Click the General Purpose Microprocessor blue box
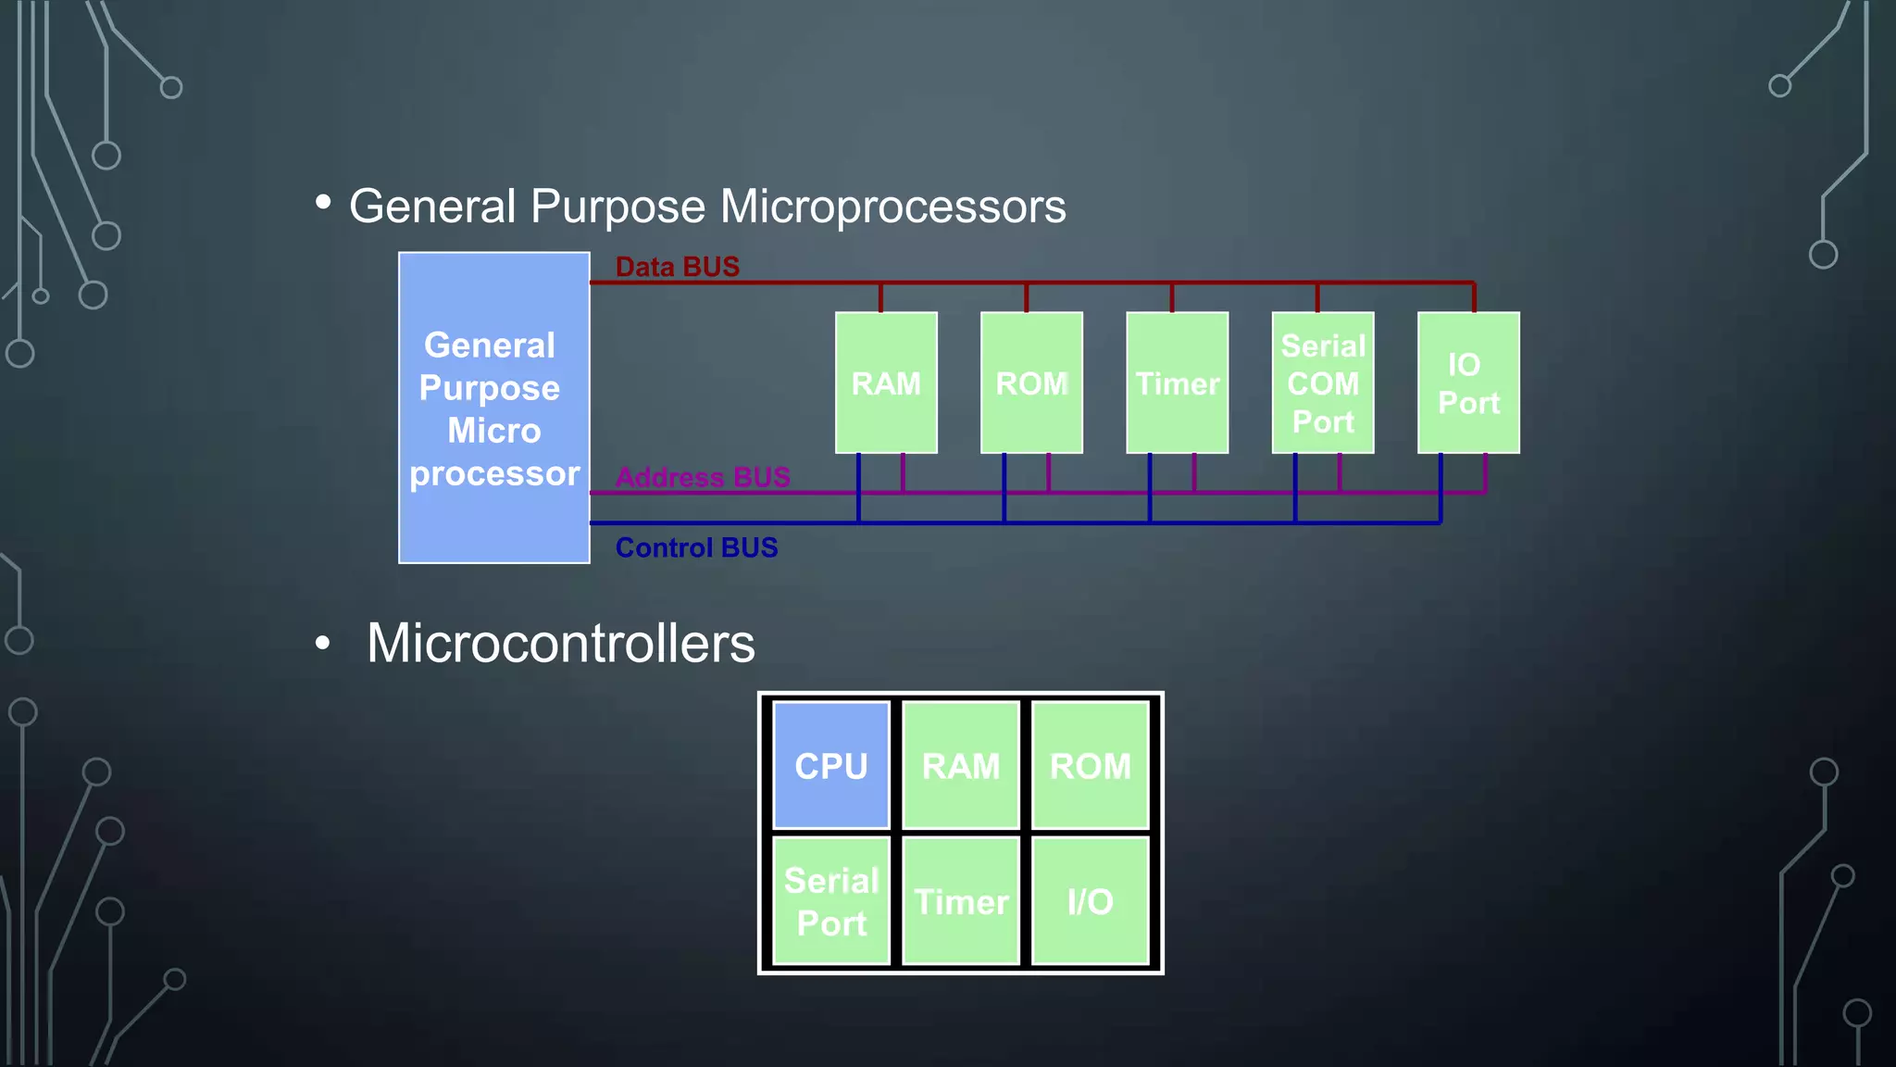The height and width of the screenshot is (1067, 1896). point(494,408)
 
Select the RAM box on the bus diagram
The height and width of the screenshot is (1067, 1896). point(886,383)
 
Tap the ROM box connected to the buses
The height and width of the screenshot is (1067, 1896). point(1031,383)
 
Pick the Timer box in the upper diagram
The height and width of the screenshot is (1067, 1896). point(1177,383)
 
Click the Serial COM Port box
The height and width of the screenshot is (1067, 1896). point(1323,383)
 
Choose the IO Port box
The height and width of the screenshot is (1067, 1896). point(1468,383)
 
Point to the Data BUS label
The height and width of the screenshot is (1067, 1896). point(678,267)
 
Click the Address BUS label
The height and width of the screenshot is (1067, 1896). point(703,477)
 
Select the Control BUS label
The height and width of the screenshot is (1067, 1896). point(696,547)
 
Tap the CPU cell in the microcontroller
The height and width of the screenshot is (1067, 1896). point(831,765)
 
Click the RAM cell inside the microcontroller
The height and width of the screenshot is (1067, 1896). point(961,765)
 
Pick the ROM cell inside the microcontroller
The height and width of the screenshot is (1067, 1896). point(1091,765)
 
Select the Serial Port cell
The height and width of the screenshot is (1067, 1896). point(831,901)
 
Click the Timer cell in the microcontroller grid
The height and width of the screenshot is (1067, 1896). point(961,901)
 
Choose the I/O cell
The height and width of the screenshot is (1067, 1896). point(1091,901)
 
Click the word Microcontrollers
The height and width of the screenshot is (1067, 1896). point(561,643)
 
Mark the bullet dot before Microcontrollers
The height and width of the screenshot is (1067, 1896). point(322,642)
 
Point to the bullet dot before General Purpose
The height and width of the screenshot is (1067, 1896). point(323,201)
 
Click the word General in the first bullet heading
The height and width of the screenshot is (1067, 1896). point(432,206)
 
